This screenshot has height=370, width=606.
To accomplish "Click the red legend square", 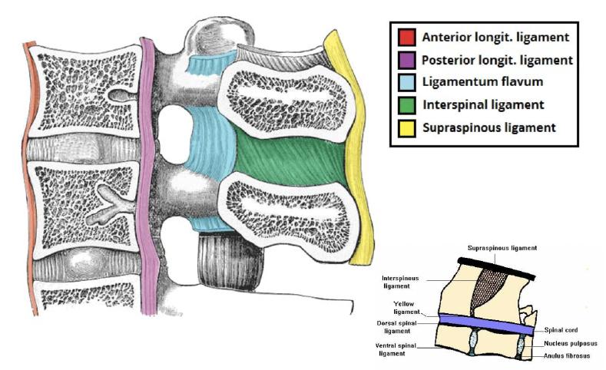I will coord(407,37).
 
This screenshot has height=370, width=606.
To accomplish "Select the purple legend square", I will coord(407,59).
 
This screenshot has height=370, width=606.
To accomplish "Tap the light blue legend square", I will coord(407,81).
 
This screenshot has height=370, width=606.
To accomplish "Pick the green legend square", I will coord(407,104).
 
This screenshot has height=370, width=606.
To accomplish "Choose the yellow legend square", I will coord(407,127).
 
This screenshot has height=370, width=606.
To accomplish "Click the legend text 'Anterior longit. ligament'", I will coord(495,37).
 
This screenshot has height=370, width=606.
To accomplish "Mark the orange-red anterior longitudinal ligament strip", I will coord(28,177).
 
